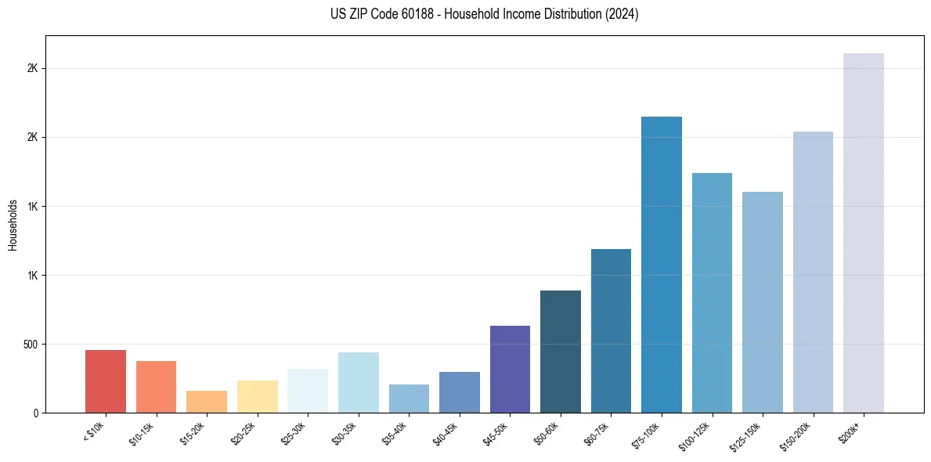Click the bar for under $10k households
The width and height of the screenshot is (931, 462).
[106, 381]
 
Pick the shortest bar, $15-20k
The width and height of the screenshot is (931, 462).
[207, 402]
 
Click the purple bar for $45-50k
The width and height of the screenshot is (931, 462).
[510, 369]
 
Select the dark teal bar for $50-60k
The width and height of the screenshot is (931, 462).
[561, 352]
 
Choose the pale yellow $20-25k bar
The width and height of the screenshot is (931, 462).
[258, 397]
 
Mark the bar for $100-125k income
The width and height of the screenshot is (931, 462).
[712, 293]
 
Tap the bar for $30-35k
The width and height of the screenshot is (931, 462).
[359, 382]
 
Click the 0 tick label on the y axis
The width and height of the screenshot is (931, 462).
[36, 413]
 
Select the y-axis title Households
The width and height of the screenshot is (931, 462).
[13, 225]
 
